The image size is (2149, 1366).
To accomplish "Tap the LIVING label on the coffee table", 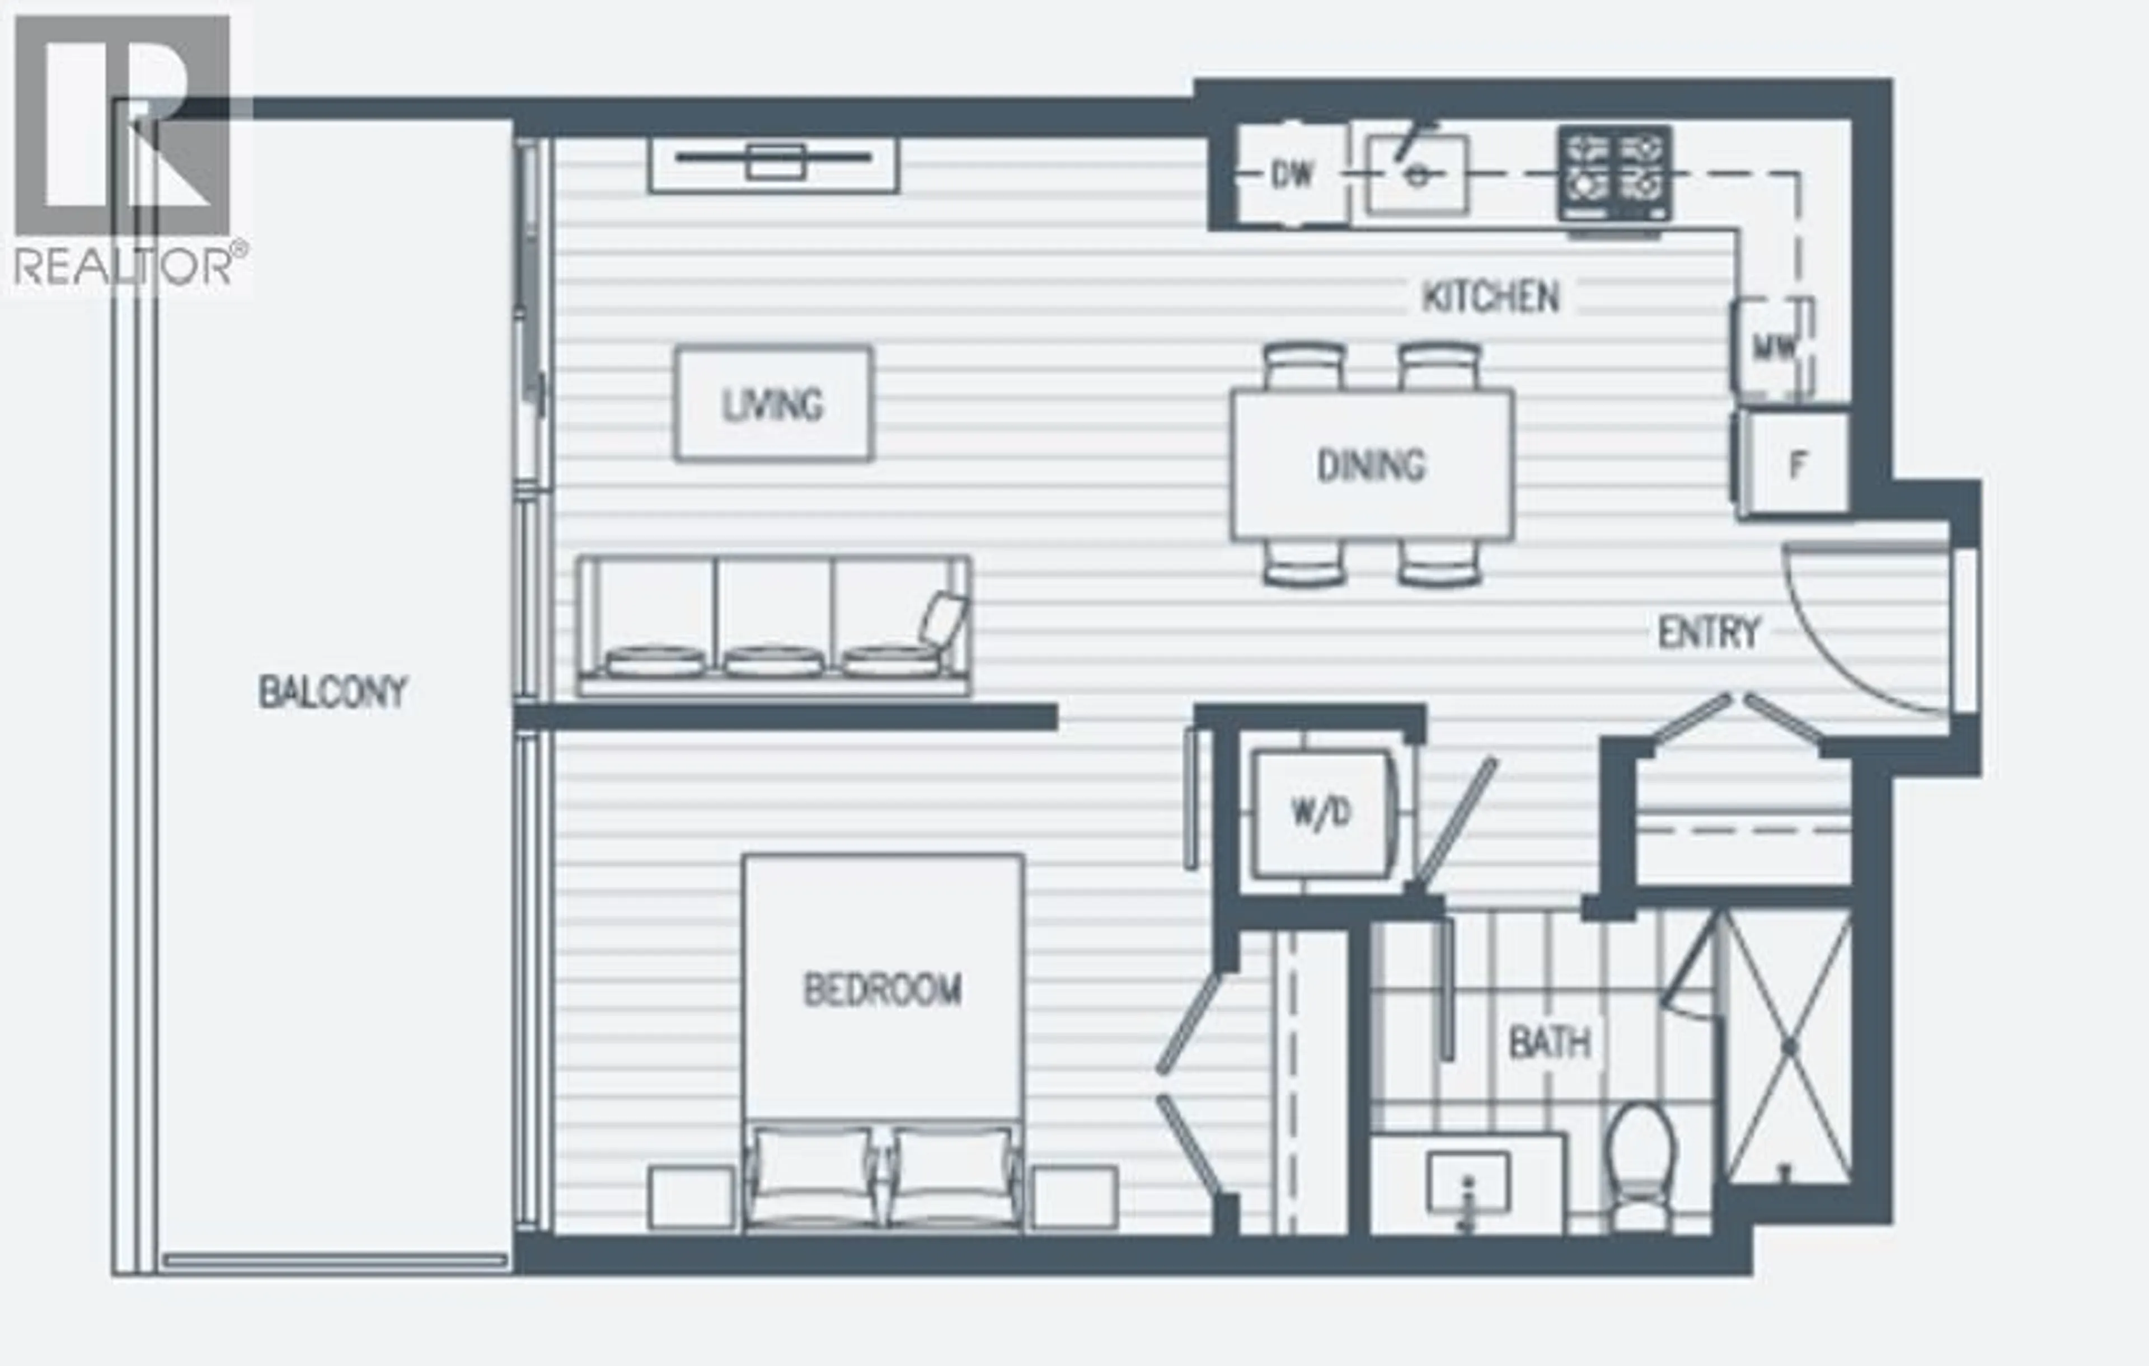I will coord(773,405).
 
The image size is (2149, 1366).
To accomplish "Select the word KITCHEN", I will coord(1490,297).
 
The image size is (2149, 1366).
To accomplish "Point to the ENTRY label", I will coord(1708,633).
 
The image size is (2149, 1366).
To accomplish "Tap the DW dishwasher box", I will coord(1292,174).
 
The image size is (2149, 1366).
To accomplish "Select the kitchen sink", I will coord(1417,174).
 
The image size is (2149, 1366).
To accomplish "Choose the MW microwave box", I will coord(1774,346).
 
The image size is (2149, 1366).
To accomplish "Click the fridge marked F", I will coord(1796,464).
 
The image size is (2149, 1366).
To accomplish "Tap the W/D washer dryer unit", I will coord(1321,813).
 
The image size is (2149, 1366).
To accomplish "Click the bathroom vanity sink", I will coord(1467,1182).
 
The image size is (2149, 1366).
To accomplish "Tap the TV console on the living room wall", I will coord(774,164).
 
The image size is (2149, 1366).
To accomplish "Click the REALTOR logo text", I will coord(125,266).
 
